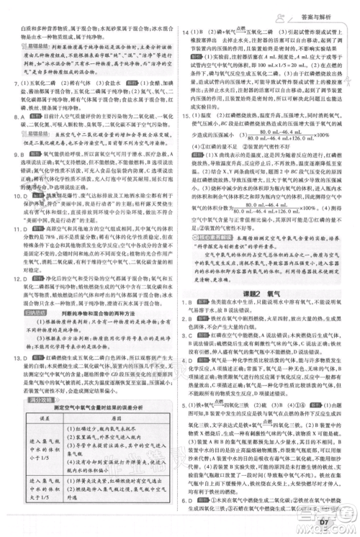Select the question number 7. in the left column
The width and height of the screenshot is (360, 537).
click(17, 83)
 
